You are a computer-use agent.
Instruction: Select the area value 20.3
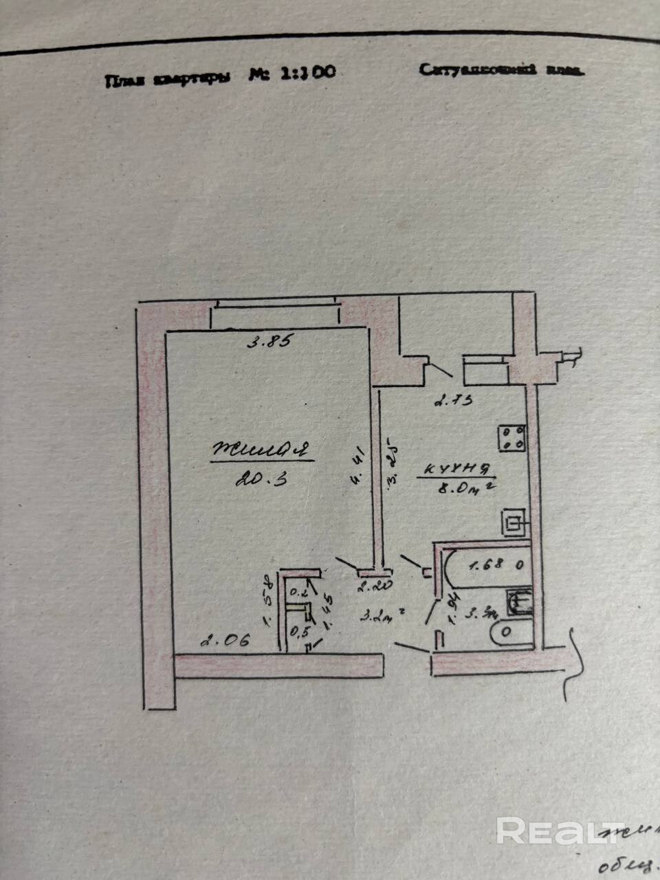click(260, 479)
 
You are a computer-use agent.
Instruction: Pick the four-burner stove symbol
click(512, 437)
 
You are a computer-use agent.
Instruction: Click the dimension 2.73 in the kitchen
click(453, 399)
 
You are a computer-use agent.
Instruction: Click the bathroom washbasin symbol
click(519, 603)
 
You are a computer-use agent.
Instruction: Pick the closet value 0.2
click(297, 591)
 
